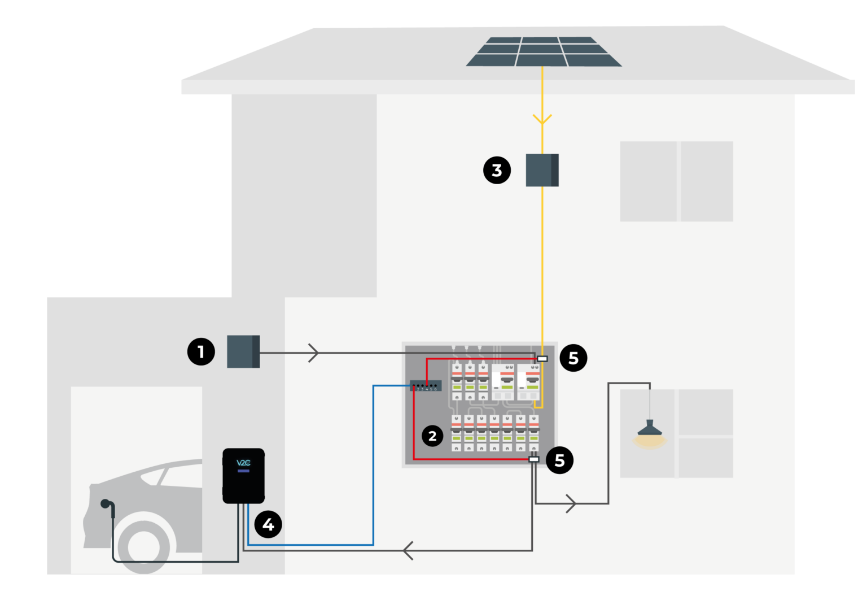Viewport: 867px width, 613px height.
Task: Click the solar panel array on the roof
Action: point(543,52)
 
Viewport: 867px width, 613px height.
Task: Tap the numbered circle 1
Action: point(201,351)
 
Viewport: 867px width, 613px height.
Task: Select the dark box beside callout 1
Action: point(243,351)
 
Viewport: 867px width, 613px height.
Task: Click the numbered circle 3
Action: point(497,170)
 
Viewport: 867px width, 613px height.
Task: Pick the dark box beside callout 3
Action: point(542,170)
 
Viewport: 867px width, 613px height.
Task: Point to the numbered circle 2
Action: point(432,436)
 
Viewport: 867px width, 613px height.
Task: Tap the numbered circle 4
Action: point(268,524)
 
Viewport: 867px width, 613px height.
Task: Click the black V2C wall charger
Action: point(243,476)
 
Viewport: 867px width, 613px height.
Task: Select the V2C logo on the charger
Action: point(243,463)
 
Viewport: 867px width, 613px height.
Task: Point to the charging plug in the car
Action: point(105,504)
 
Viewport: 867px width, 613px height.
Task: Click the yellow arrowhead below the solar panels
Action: point(542,119)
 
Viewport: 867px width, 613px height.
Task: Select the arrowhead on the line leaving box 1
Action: point(314,353)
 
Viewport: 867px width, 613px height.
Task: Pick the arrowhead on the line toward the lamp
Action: point(572,503)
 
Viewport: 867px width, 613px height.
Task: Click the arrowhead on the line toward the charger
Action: point(408,550)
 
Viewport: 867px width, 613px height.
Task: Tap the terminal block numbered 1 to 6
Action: point(425,386)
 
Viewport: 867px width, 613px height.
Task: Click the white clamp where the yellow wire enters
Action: point(542,359)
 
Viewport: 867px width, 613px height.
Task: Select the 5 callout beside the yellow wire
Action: point(573,358)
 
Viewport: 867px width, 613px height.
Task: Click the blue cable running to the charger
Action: point(373,480)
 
